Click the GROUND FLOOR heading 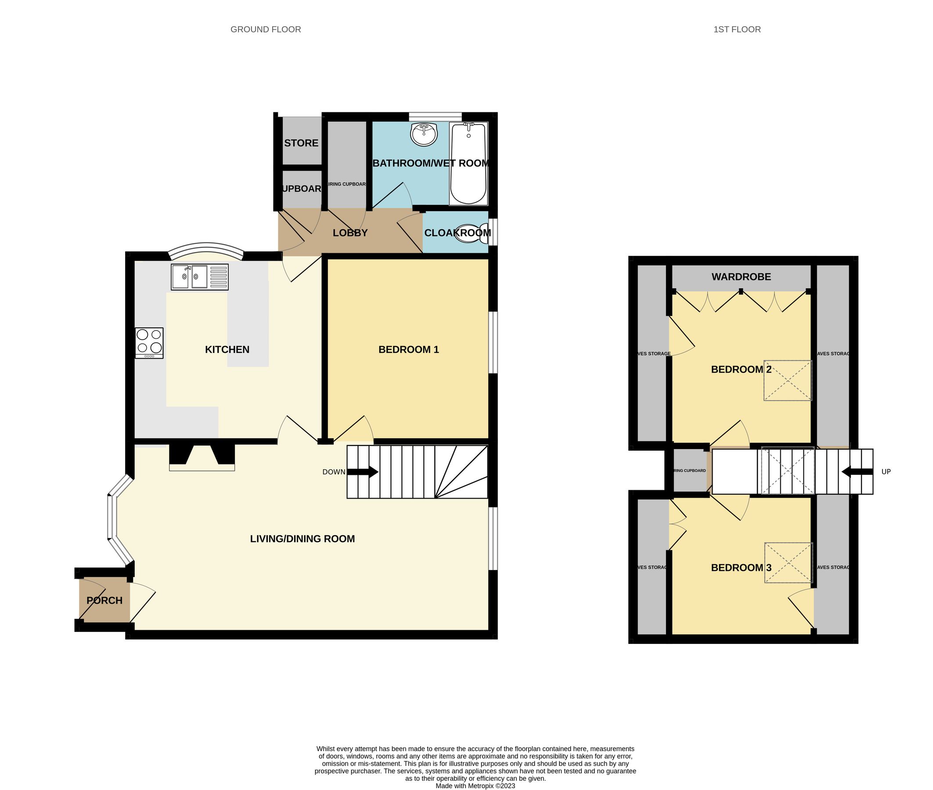266,29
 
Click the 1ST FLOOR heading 737,29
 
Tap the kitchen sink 199,277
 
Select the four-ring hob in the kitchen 150,343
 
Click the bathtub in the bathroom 468,163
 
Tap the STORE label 301,144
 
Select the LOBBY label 350,233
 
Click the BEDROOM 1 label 408,350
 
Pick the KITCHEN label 227,350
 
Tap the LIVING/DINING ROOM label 303,539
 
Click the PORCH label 104,600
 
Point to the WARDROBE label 741,277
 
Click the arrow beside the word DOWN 363,472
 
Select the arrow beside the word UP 857,471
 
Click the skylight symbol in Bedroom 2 787,380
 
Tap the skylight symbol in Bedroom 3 788,563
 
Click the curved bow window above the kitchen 206,249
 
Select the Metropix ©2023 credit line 475,786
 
